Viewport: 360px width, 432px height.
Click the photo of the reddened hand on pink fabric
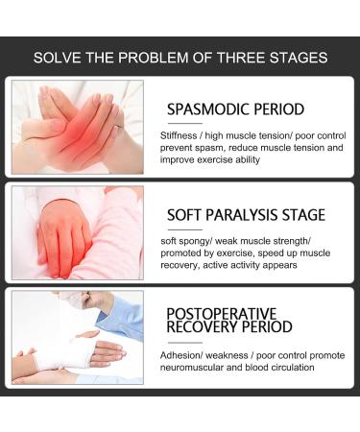coord(77,232)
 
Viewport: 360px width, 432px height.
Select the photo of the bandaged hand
coord(77,337)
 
